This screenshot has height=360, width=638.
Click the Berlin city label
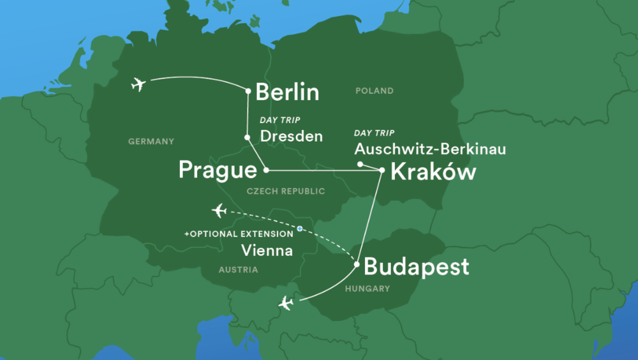(287, 93)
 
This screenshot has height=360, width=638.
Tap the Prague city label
(218, 170)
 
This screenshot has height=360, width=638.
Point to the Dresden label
(292, 136)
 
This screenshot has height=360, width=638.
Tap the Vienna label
(267, 251)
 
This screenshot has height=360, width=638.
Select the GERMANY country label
(151, 141)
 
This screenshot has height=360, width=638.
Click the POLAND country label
(375, 91)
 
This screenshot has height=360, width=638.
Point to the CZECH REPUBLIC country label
(286, 191)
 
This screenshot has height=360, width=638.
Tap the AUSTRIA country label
(238, 270)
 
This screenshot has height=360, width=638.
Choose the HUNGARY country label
(367, 289)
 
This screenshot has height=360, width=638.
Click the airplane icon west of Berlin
(137, 84)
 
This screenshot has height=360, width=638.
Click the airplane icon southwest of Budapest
(286, 303)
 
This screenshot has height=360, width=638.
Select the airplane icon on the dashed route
(219, 210)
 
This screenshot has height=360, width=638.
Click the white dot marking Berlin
(248, 91)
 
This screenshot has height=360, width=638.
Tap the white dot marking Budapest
(357, 262)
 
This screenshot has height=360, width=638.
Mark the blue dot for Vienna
(299, 229)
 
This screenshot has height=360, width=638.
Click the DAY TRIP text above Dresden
(279, 120)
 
